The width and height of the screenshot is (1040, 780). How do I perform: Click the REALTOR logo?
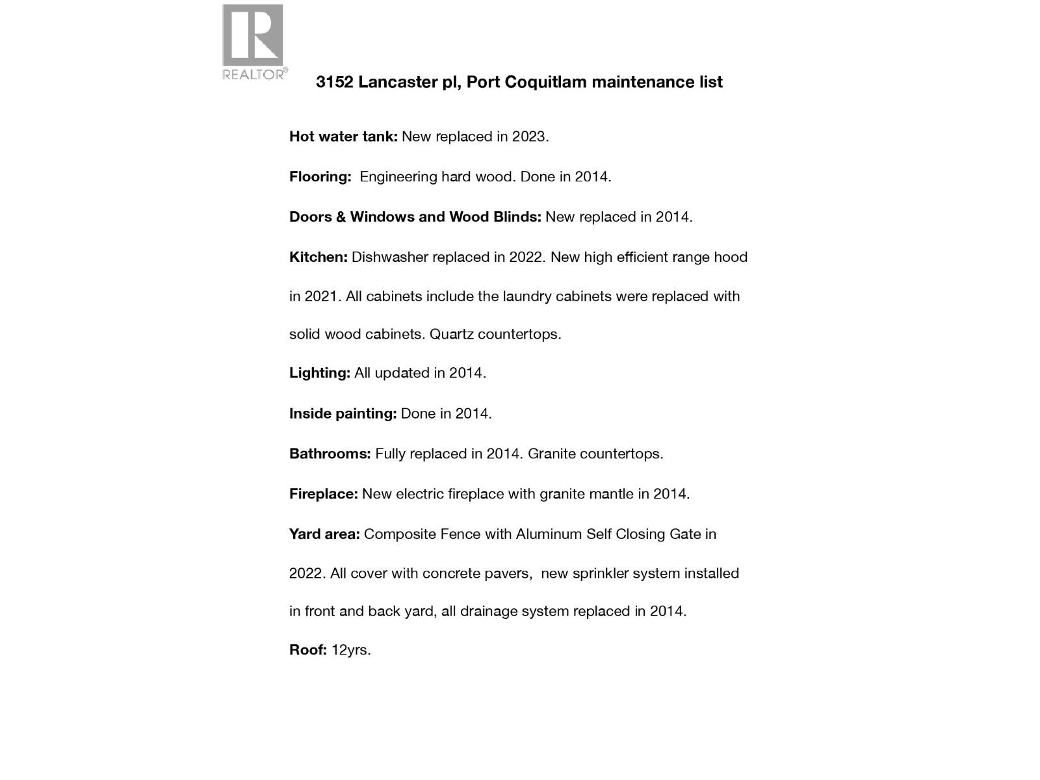pos(253,42)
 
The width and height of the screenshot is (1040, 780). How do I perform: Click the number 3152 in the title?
pos(334,82)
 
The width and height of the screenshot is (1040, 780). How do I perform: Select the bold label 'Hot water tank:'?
pos(343,136)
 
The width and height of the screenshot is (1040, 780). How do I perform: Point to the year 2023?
pos(529,136)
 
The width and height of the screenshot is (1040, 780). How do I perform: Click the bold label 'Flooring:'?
pos(320,177)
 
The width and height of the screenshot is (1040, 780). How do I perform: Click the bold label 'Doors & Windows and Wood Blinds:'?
pos(415,217)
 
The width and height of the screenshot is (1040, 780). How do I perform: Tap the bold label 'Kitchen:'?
pos(318,257)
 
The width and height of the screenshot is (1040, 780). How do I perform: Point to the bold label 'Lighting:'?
pos(319,373)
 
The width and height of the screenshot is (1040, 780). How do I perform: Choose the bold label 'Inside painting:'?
pos(343,413)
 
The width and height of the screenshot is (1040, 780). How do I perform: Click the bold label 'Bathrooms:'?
pos(330,454)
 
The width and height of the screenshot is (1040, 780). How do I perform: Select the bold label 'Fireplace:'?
pos(323,494)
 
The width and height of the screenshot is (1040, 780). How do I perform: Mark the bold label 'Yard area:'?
pos(324,534)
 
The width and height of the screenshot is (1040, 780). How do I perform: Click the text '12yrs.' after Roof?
pos(351,650)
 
